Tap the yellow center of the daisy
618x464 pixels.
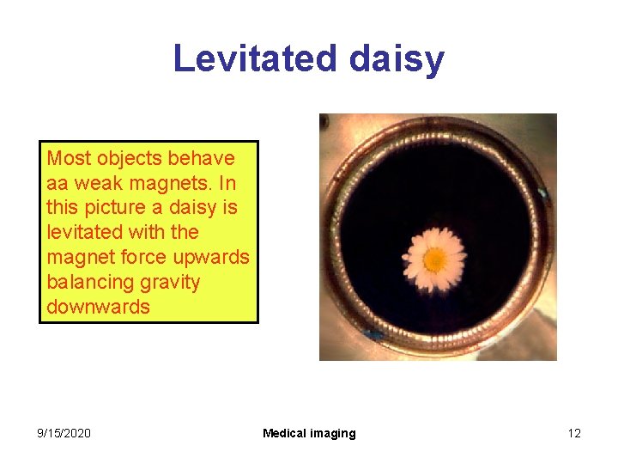[x=435, y=257]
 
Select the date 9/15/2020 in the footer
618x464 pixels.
[x=64, y=433]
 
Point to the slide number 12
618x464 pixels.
[x=574, y=433]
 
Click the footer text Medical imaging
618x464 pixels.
[x=309, y=433]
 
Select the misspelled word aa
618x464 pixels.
[x=58, y=183]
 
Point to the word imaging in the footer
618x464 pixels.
[x=334, y=434]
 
